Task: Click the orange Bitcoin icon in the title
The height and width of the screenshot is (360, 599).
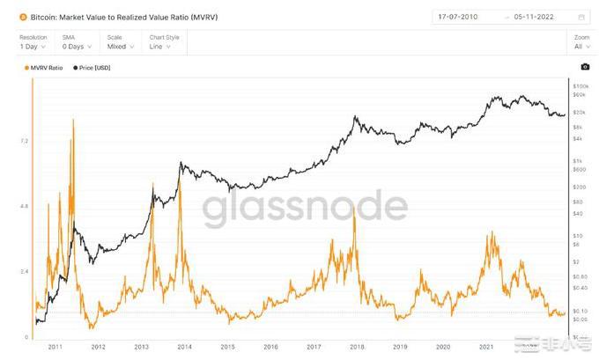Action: [24, 16]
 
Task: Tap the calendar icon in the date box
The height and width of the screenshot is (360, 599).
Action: [581, 16]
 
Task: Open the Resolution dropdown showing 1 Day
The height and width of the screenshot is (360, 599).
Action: [32, 47]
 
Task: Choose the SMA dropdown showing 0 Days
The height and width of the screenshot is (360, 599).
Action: [75, 47]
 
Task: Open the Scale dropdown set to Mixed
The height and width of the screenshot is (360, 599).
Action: [118, 47]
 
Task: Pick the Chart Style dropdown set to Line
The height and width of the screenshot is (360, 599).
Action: [164, 47]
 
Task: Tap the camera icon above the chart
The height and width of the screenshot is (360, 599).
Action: [585, 67]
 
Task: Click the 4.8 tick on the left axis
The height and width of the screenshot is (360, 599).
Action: [24, 206]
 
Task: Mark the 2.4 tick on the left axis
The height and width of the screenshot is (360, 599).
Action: [24, 271]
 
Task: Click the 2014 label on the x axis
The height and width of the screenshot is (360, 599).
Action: [184, 347]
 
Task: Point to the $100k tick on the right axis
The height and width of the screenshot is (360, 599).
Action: [580, 86]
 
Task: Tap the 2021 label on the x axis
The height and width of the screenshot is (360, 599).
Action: [485, 347]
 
